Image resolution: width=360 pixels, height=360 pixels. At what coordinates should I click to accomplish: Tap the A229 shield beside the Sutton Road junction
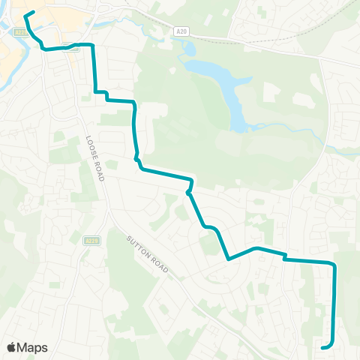tap(91, 240)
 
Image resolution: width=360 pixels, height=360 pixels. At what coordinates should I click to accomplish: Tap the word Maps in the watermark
tap(32, 348)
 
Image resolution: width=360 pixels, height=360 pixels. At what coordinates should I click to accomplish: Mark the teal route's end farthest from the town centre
tap(322, 347)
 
